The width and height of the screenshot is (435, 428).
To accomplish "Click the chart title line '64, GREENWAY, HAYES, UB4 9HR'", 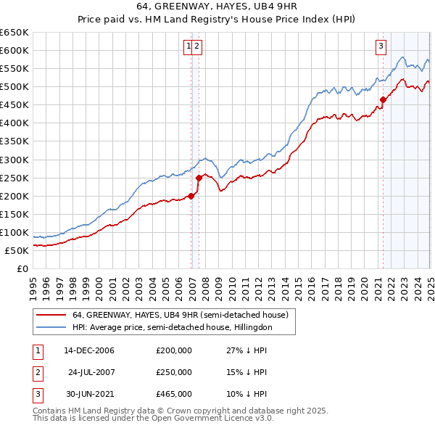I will [217, 7].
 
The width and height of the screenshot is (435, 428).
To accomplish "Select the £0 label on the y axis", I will [22, 268].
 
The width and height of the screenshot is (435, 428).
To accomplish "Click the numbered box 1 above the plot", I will [188, 46].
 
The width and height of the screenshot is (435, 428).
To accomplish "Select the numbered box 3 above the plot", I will [381, 46].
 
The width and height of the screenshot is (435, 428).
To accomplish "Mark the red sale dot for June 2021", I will [383, 99].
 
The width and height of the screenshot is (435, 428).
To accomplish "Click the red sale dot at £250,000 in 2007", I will [199, 178].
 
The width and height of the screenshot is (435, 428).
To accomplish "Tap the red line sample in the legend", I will [51, 315].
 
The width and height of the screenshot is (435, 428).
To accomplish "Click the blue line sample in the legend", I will [51, 327].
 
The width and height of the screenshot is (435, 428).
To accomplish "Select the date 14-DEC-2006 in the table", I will [89, 350].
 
